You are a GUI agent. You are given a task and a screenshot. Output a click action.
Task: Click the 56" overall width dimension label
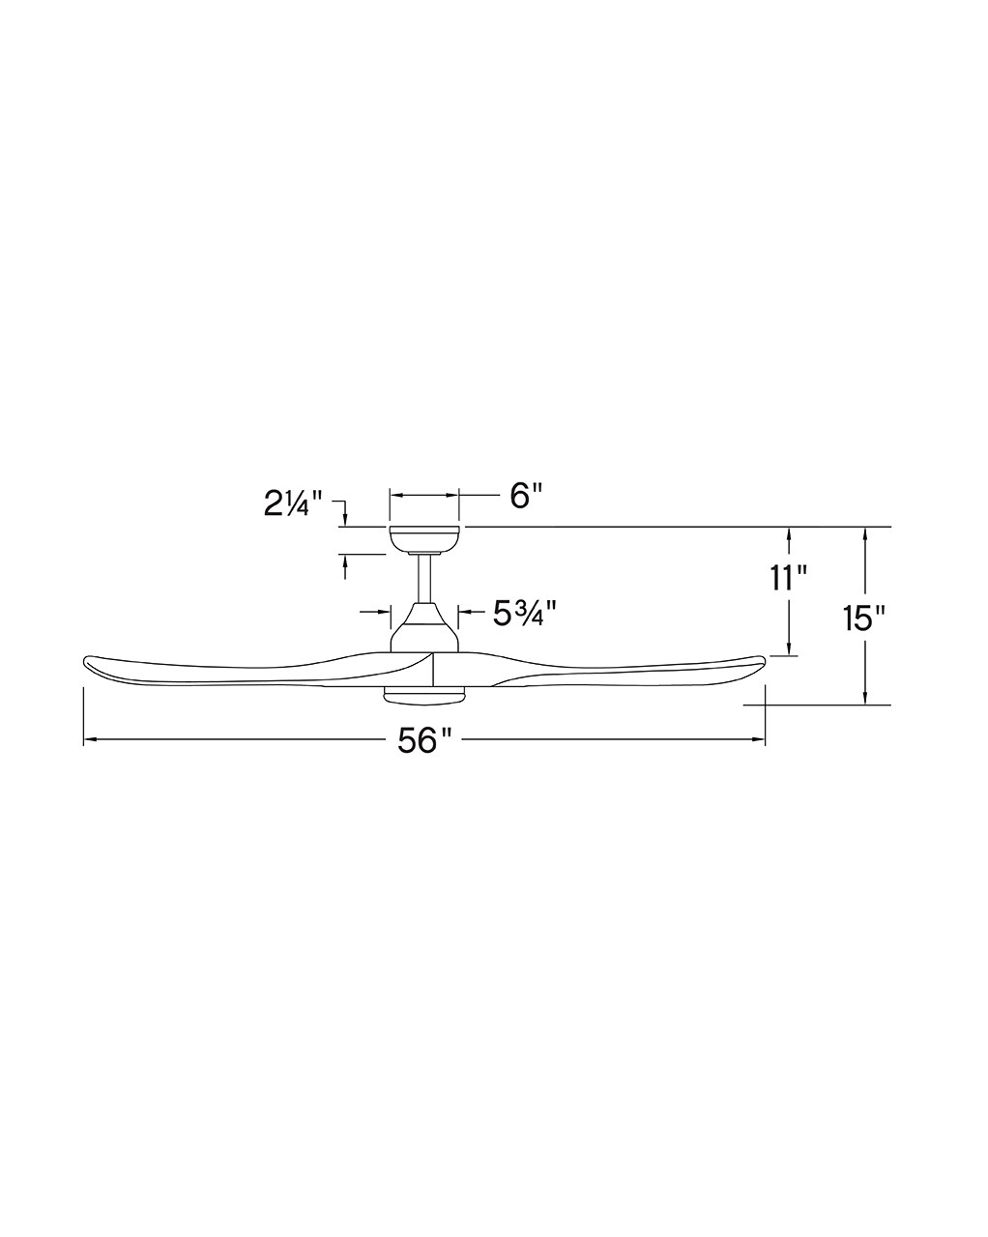click(x=424, y=741)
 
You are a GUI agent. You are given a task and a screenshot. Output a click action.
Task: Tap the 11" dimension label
click(x=789, y=579)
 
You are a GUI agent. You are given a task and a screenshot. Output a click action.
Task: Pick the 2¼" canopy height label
click(x=293, y=504)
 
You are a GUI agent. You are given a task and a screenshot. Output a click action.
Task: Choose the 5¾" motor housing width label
click(x=527, y=613)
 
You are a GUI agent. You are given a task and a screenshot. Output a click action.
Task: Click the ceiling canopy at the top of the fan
click(x=423, y=538)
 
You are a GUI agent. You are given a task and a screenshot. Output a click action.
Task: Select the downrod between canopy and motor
click(x=423, y=579)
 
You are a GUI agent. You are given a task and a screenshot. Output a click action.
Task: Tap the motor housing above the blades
click(x=423, y=629)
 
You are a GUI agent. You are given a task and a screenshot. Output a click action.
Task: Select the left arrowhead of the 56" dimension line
click(x=90, y=741)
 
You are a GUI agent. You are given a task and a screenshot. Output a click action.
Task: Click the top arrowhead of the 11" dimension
click(x=790, y=533)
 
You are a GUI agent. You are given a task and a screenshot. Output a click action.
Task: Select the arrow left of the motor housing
click(x=382, y=612)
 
